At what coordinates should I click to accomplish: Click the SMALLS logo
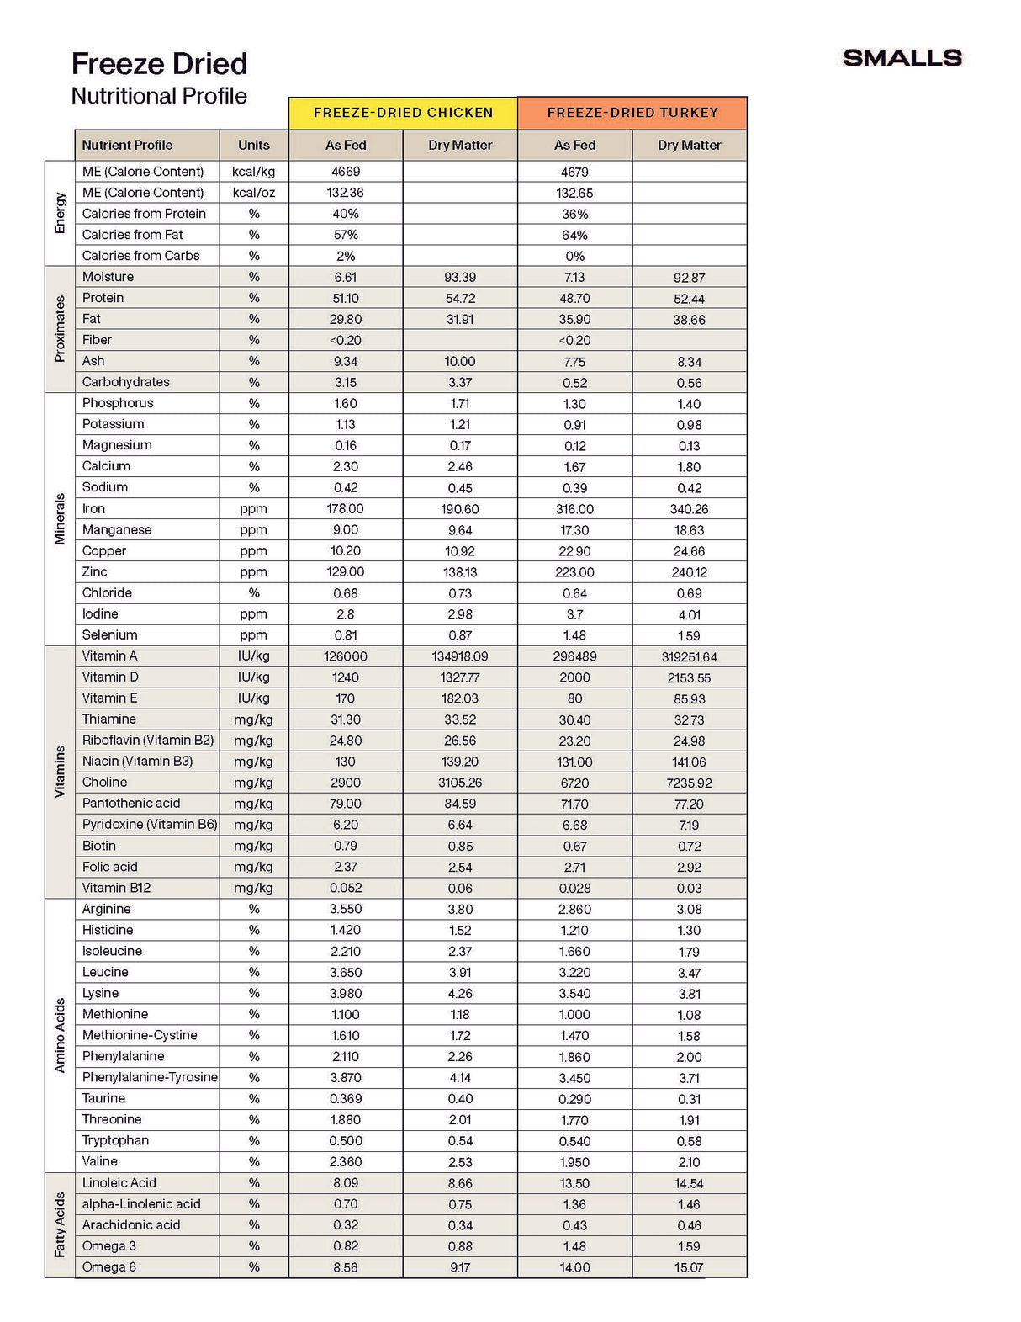click(x=902, y=58)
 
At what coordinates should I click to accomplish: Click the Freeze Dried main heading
click(x=159, y=64)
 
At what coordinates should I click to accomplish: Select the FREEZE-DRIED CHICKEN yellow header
click(x=403, y=113)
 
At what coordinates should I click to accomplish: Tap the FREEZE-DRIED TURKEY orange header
click(x=632, y=113)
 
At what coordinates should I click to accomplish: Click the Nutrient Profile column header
click(x=127, y=145)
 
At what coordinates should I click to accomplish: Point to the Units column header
click(x=253, y=145)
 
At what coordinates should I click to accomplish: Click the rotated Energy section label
click(x=60, y=213)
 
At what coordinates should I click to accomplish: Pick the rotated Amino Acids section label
click(x=60, y=1035)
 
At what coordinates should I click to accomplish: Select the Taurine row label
click(x=103, y=1098)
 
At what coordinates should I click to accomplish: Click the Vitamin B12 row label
click(x=116, y=888)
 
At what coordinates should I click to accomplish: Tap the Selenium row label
click(x=109, y=635)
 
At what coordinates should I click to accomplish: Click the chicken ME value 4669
click(x=345, y=172)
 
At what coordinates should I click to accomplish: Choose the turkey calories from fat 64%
click(x=574, y=235)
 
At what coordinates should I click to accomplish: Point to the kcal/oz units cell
click(x=253, y=193)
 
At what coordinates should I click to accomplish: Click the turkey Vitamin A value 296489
click(x=574, y=656)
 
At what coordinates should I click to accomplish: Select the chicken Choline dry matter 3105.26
click(x=460, y=783)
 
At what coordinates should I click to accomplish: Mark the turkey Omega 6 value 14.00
click(x=574, y=1267)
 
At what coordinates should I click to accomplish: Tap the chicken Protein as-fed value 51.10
click(x=345, y=298)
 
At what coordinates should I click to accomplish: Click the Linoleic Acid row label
click(x=119, y=1183)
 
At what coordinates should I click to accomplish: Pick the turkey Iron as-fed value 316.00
click(x=574, y=509)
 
